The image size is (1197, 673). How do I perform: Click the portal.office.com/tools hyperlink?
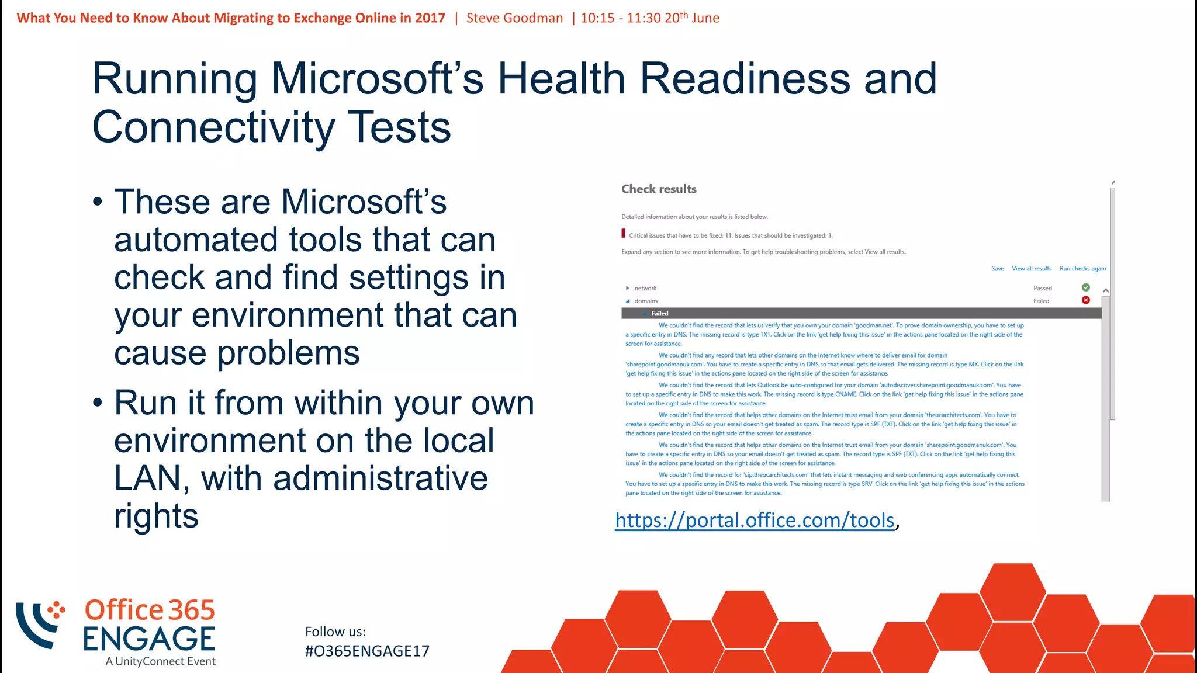point(755,520)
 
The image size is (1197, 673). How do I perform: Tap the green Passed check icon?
point(1085,287)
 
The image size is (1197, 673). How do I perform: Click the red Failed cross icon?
point(1085,300)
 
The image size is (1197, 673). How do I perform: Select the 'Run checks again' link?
point(1082,269)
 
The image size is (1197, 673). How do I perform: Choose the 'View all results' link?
point(1031,269)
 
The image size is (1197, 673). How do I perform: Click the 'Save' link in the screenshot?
point(997,269)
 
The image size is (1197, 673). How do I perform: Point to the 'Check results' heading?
point(659,189)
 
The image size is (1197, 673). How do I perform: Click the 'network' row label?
point(645,288)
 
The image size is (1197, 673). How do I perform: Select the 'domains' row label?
point(646,301)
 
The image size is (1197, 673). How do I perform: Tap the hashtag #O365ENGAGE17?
point(367,651)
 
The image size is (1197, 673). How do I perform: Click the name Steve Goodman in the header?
point(514,18)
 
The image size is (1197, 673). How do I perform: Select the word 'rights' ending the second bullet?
point(156,516)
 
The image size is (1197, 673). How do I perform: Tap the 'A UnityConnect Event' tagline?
point(160,661)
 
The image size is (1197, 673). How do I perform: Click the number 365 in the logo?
point(192,610)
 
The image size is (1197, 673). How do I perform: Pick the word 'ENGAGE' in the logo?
point(149,639)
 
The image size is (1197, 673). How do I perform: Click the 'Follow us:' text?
point(335,632)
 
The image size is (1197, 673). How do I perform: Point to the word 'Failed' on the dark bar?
point(659,314)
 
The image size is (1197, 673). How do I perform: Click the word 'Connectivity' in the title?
point(213,127)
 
